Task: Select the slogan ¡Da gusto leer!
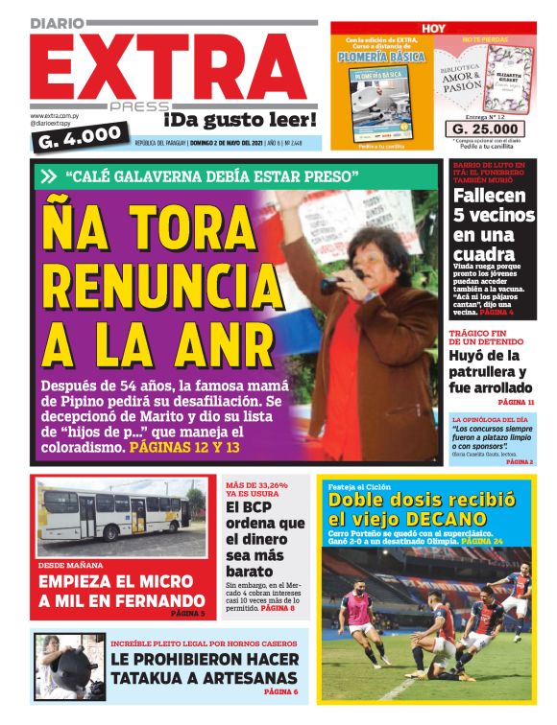click(240, 120)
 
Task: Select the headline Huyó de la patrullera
click(493, 372)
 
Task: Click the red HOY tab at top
click(433, 29)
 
